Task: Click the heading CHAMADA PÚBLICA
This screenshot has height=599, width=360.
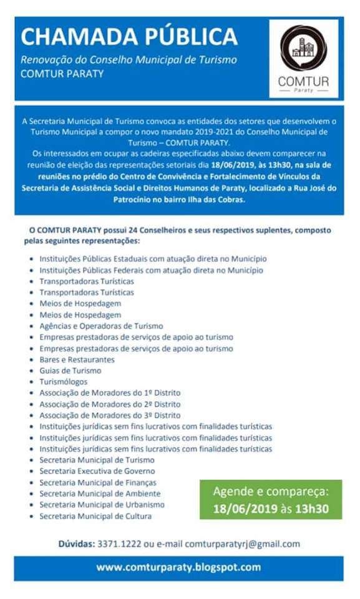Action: (129, 37)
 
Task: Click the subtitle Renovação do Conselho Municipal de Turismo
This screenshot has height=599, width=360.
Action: (129, 61)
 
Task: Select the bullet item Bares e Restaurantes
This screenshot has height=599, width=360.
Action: (77, 359)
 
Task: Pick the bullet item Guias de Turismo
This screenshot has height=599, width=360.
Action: (70, 371)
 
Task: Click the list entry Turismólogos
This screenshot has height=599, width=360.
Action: (64, 382)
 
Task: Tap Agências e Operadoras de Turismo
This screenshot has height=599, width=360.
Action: (101, 326)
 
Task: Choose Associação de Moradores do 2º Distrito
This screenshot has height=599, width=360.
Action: (110, 404)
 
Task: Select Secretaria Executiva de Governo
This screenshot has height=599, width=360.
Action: (97, 471)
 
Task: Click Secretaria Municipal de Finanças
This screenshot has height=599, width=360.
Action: (98, 482)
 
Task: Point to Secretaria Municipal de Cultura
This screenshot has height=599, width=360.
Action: (95, 516)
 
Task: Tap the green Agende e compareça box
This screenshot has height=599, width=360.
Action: (270, 499)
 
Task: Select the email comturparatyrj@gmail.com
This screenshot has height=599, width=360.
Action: (242, 544)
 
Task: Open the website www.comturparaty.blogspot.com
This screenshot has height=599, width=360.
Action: (178, 568)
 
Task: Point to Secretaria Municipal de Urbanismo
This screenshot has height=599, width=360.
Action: (102, 505)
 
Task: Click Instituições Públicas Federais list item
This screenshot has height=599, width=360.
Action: (151, 270)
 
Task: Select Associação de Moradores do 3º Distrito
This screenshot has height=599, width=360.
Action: (110, 416)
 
